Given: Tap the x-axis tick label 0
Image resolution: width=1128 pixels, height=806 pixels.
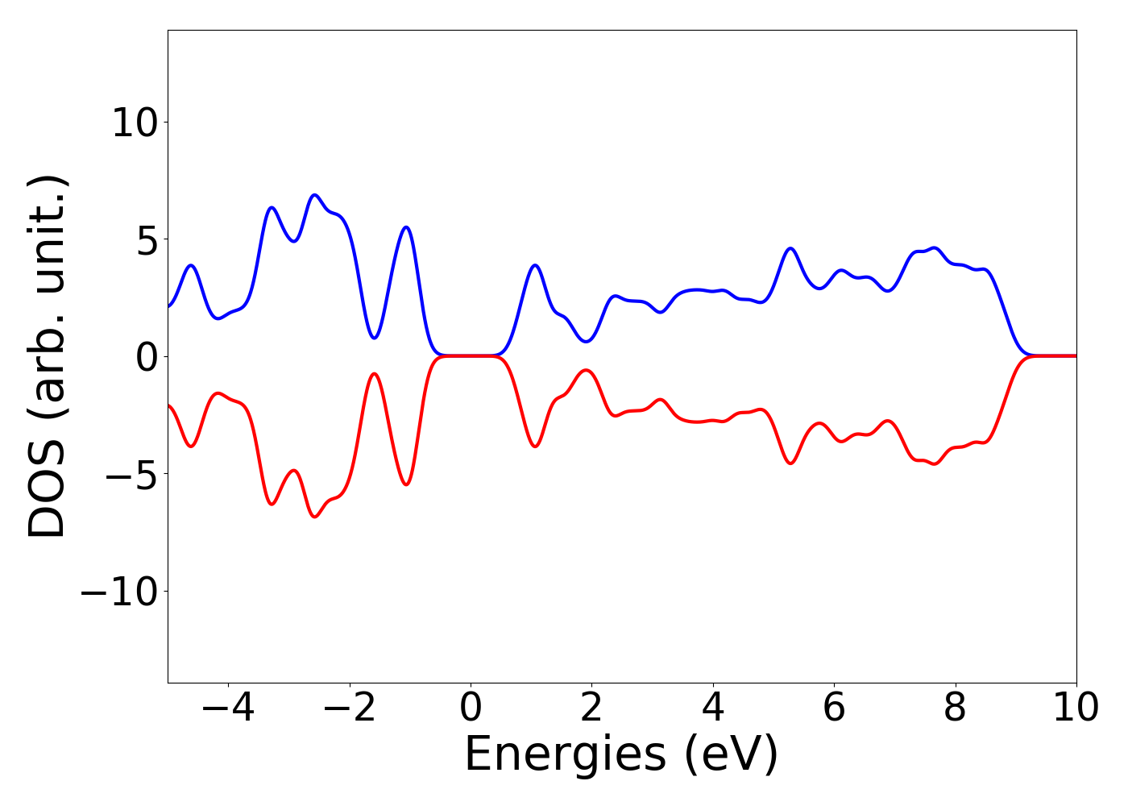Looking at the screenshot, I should (471, 708).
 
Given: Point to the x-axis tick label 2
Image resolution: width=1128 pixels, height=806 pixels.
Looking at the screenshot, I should (591, 708).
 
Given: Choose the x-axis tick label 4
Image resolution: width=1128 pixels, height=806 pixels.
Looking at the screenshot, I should (713, 708).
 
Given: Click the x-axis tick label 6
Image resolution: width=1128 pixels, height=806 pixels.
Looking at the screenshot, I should (834, 708).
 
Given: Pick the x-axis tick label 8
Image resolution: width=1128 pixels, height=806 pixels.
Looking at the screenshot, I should (955, 708).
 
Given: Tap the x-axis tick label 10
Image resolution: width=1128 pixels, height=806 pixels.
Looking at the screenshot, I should (1075, 708).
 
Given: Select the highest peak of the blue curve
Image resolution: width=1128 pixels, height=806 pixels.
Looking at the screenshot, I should (315, 195).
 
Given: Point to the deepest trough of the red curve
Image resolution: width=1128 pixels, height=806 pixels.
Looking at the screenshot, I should (315, 516).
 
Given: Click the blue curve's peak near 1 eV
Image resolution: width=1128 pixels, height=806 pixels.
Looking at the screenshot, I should (535, 265).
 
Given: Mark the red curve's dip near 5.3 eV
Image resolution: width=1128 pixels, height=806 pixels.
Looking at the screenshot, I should (790, 463).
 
